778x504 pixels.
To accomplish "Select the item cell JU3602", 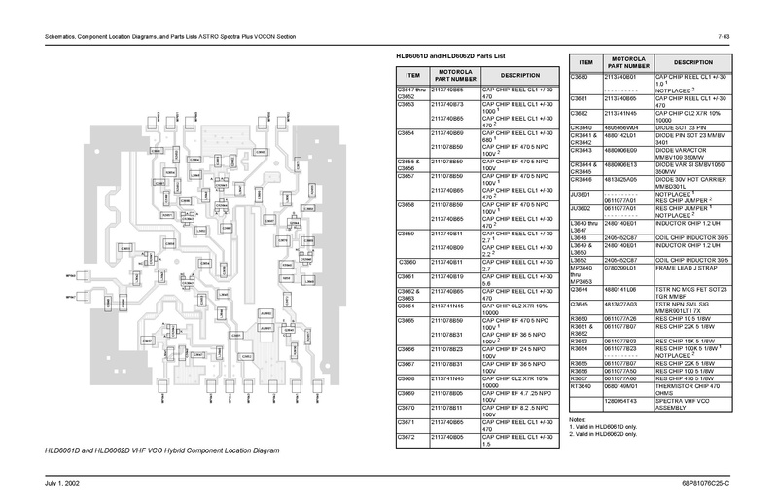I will (581, 206).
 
